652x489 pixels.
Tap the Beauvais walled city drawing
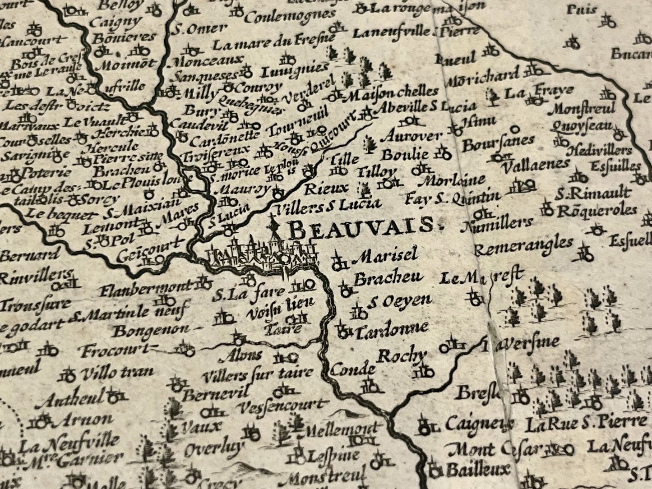click(x=262, y=255)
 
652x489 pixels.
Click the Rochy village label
click(x=401, y=356)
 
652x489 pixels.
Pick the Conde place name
click(x=353, y=370)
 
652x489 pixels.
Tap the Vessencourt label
click(x=280, y=406)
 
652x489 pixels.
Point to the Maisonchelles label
click(x=393, y=92)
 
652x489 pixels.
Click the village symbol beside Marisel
click(x=338, y=262)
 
